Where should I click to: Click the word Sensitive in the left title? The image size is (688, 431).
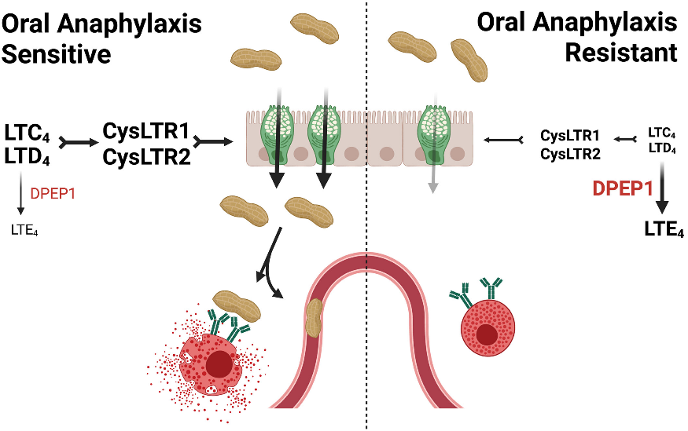coord(55,54)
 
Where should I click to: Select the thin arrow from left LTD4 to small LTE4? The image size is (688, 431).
coord(22,192)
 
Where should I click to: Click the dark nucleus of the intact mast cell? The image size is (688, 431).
coord(491,334)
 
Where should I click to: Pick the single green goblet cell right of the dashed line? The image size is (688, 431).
coord(435,132)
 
